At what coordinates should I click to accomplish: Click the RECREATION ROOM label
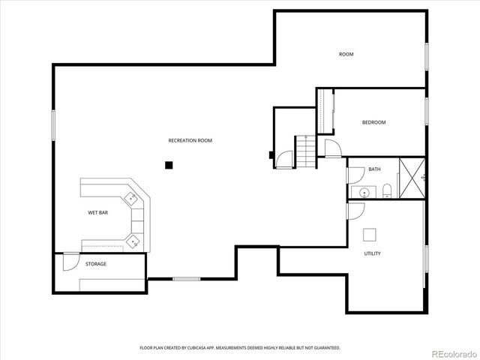tap(190, 140)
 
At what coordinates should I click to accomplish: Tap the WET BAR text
tap(98, 213)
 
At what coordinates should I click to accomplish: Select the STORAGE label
tap(95, 264)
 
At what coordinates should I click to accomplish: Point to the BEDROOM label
tap(373, 122)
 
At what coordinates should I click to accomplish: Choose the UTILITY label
tap(372, 253)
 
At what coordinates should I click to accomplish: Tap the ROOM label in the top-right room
tap(346, 54)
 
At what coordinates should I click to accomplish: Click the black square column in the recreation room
tap(169, 165)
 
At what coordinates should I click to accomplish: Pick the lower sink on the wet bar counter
tap(133, 241)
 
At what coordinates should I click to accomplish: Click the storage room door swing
tap(69, 262)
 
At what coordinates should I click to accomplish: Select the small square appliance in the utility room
tap(369, 234)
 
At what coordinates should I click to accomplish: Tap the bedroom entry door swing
tap(331, 148)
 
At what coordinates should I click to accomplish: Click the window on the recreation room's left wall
tap(52, 123)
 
